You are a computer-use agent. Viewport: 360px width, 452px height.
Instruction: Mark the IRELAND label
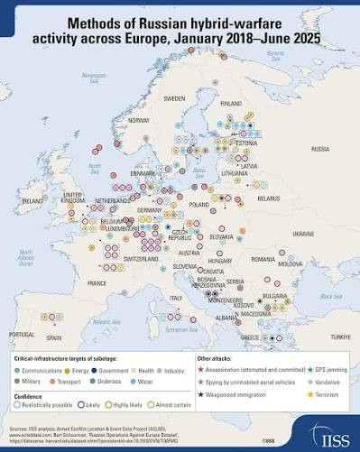(33, 199)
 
